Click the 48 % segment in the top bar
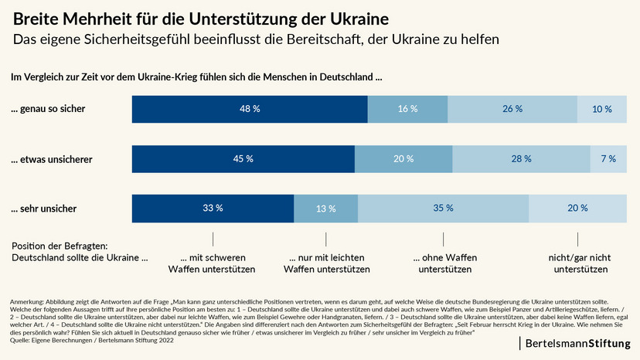click(250, 109)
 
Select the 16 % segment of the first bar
click(407, 109)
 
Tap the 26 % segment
click(512, 109)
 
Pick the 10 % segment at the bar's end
click(602, 109)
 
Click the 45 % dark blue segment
click(243, 159)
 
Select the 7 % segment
click(608, 159)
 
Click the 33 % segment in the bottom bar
click(213, 209)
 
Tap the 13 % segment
click(325, 209)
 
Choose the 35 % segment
click(443, 209)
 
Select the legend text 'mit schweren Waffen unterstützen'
click(212, 263)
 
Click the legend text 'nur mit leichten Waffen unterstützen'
click(326, 263)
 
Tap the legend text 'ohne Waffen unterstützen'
click(444, 263)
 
